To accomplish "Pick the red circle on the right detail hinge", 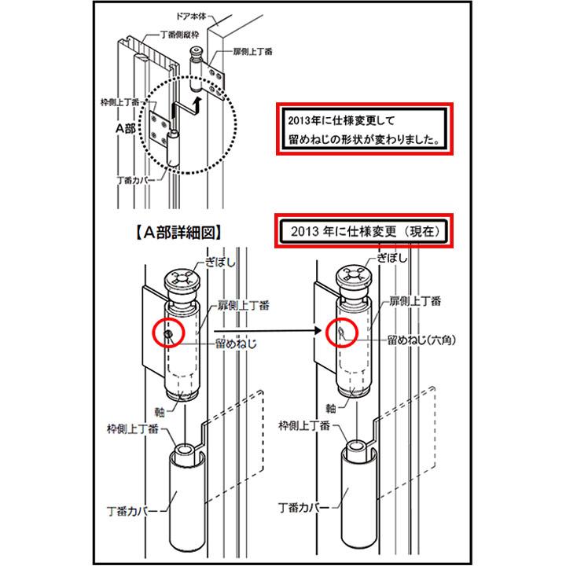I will point(342,333).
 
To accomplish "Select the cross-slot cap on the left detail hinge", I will point(182,281).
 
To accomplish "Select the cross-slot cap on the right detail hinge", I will point(355,281).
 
